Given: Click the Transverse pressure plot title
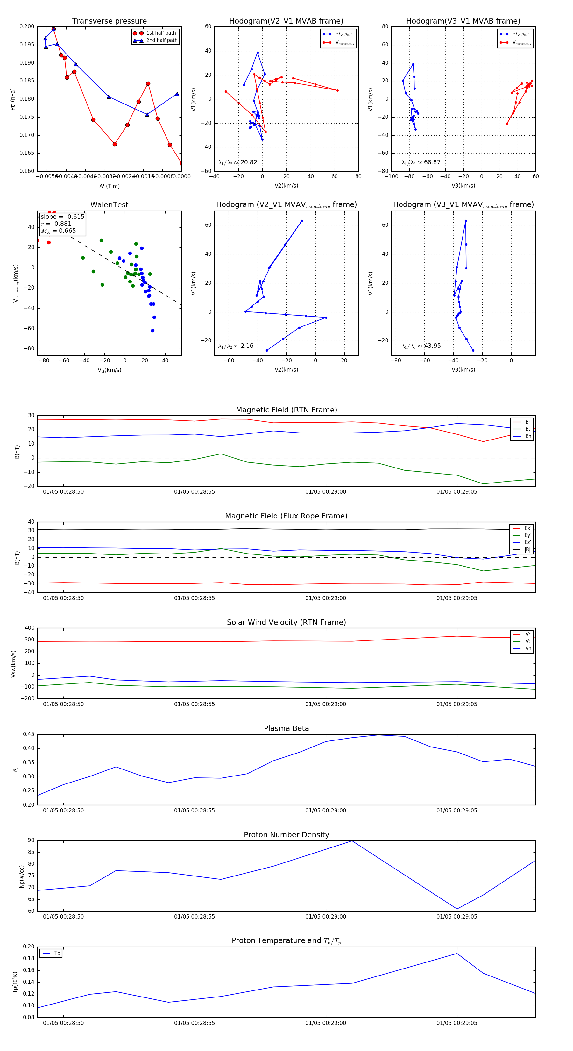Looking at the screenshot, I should tap(109, 21).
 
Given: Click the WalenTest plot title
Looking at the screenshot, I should tap(109, 205).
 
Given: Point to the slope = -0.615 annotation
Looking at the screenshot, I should tap(62, 217).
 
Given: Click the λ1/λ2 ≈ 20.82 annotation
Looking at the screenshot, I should tap(238, 162).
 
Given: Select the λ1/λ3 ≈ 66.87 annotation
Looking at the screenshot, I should tap(421, 162).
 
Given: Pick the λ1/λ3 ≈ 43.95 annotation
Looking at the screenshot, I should tap(421, 346).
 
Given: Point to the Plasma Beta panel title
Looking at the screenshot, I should tap(286, 728).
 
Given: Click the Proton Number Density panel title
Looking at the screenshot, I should tap(286, 835).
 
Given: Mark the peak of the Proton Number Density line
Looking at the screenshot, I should tap(352, 841).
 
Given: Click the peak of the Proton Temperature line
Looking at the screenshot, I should tap(457, 954).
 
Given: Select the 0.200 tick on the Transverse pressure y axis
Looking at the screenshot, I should tap(27, 26).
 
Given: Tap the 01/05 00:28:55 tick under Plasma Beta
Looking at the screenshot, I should tap(195, 810).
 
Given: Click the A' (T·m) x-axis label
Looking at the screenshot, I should tap(109, 186).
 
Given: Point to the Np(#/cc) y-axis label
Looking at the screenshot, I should tap(22, 876).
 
